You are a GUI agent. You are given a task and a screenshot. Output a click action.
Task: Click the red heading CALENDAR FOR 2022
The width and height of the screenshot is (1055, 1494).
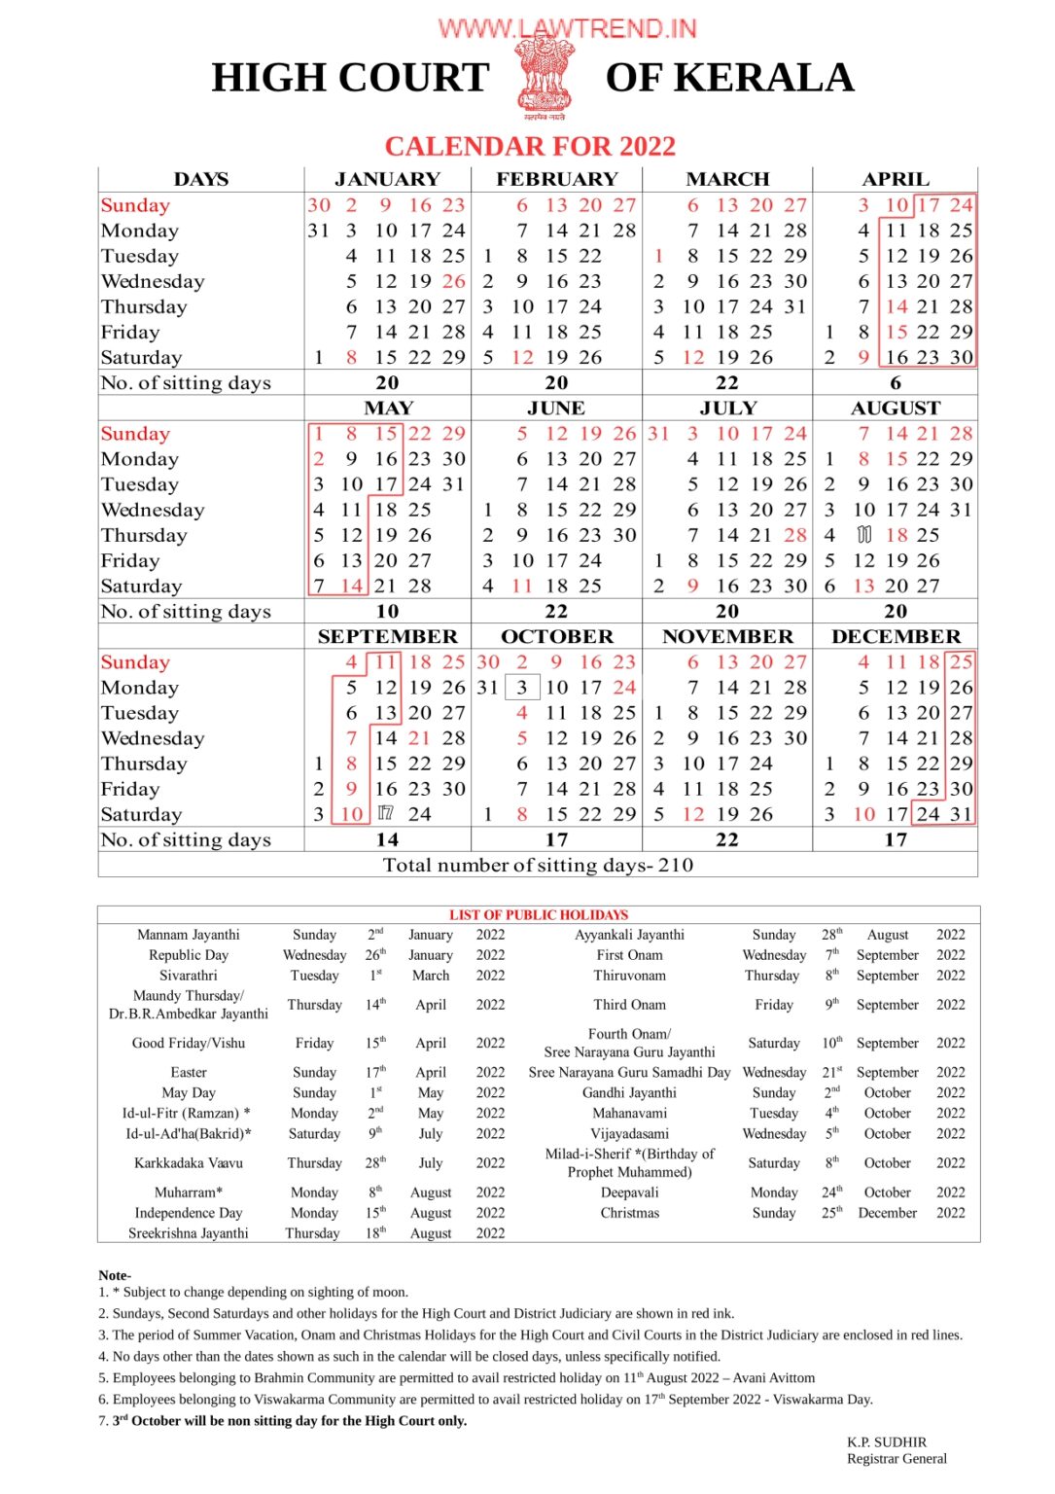(x=530, y=146)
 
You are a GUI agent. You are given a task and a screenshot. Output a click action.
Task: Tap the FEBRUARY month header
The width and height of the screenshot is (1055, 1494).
(x=557, y=179)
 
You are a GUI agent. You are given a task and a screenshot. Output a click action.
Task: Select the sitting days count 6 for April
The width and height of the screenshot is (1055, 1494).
(x=896, y=383)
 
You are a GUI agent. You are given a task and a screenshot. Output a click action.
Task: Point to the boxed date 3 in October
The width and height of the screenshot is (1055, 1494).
(x=522, y=688)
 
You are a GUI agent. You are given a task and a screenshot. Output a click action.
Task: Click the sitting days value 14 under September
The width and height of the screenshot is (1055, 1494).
(x=387, y=839)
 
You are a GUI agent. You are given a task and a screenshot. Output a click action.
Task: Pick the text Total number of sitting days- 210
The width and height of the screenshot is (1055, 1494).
(x=538, y=865)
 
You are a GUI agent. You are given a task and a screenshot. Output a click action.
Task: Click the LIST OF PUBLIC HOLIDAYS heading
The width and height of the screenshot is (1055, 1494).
(x=539, y=914)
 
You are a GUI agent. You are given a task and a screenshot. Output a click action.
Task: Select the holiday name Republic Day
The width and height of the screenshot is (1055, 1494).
(x=189, y=955)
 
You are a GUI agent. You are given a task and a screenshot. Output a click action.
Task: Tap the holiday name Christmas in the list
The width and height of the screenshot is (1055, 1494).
(x=629, y=1213)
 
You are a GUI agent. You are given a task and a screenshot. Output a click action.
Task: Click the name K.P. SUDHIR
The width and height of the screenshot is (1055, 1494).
(x=887, y=1441)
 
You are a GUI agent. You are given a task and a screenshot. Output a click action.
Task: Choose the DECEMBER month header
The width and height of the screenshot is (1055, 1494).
(x=896, y=636)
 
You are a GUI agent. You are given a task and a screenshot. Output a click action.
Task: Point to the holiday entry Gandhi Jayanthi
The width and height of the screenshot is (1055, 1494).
(x=629, y=1092)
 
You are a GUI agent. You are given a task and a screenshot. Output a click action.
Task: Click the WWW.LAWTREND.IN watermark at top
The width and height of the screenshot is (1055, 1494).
(x=567, y=28)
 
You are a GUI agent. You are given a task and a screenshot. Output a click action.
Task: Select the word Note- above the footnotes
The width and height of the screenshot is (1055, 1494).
(x=115, y=1275)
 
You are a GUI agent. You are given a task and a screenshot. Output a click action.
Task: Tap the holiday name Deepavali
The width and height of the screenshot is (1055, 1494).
(x=629, y=1192)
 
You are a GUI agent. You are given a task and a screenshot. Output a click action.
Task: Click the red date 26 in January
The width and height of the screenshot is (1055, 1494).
(x=453, y=281)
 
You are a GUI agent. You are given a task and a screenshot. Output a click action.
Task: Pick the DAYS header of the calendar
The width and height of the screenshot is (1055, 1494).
(x=201, y=179)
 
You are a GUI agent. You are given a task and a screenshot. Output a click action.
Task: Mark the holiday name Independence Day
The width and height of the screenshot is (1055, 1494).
(x=189, y=1213)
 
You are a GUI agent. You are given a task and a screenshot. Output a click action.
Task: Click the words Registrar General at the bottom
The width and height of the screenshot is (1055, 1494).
(x=897, y=1458)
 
